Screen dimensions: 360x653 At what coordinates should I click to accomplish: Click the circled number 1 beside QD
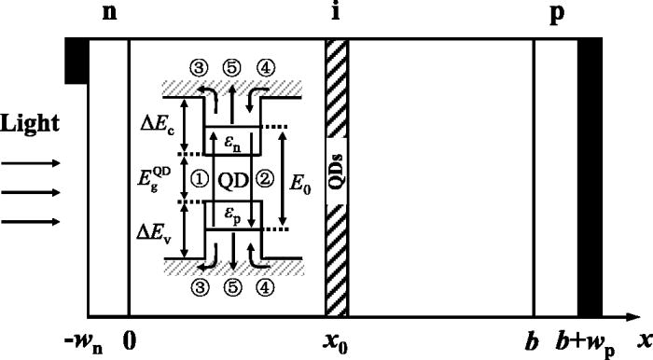coord(196,176)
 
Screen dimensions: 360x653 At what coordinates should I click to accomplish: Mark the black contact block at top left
coord(76,61)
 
